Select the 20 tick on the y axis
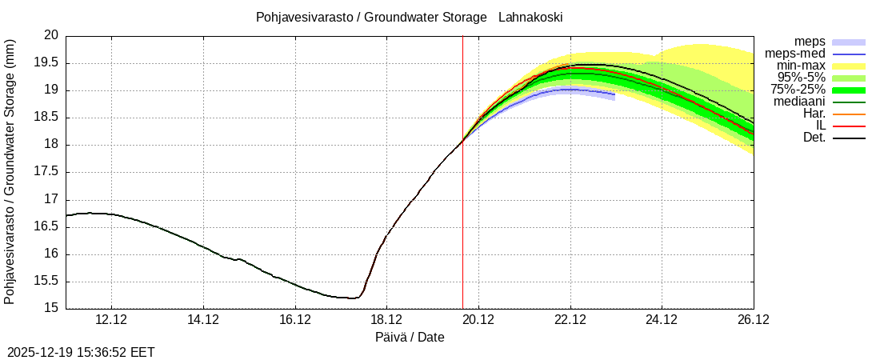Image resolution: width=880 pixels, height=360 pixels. click(51, 36)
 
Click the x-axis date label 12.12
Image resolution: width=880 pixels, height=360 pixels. click(111, 320)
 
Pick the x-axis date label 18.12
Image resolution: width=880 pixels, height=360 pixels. click(386, 320)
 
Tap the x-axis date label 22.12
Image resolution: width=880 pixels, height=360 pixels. click(570, 320)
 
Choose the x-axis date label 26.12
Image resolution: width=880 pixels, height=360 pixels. click(753, 320)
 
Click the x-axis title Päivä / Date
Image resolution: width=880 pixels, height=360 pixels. click(410, 338)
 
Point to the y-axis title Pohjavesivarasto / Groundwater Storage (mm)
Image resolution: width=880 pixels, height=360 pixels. click(10, 172)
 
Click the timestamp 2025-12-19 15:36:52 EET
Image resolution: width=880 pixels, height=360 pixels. click(81, 352)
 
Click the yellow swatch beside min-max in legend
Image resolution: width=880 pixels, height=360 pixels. click(849, 66)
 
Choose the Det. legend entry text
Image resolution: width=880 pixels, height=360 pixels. click(814, 138)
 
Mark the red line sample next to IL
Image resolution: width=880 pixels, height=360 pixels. click(849, 126)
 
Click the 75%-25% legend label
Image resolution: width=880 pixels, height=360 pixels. click(798, 90)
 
